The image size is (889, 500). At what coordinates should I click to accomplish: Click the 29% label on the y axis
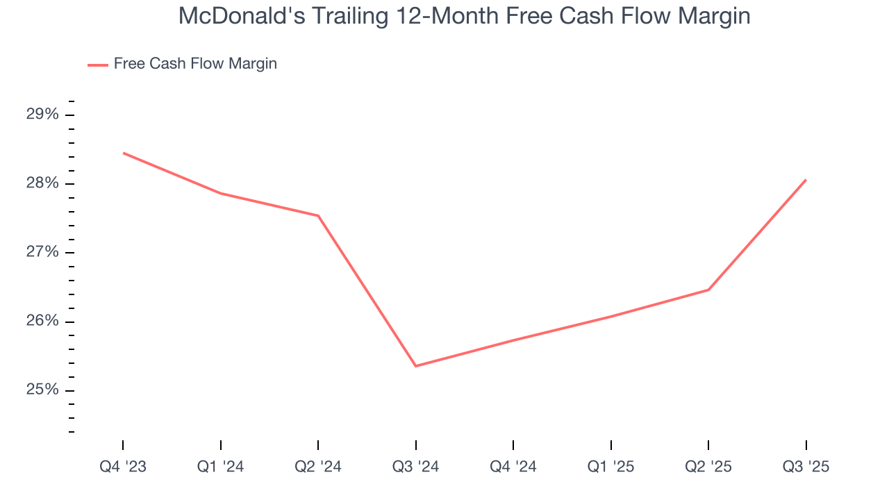pyautogui.click(x=43, y=115)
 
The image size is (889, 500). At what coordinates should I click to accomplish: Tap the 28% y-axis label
pyautogui.click(x=43, y=183)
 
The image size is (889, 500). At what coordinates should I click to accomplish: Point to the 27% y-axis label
pyautogui.click(x=43, y=252)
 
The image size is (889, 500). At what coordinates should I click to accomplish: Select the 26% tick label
pyautogui.click(x=43, y=322)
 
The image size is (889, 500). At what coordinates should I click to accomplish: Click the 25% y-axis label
pyautogui.click(x=43, y=390)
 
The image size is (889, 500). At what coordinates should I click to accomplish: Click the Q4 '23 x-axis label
pyautogui.click(x=123, y=467)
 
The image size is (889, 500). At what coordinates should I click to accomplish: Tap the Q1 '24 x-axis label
pyautogui.click(x=220, y=467)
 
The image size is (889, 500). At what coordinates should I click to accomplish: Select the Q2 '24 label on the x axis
pyautogui.click(x=318, y=467)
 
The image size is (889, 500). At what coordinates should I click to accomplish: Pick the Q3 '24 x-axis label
pyautogui.click(x=415, y=467)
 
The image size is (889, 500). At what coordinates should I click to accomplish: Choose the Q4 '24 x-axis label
pyautogui.click(x=513, y=467)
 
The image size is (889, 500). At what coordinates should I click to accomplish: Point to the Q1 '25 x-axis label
pyautogui.click(x=610, y=467)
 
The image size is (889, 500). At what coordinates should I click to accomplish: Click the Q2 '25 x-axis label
pyautogui.click(x=708, y=467)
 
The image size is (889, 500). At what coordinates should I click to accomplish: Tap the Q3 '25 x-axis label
pyautogui.click(x=806, y=467)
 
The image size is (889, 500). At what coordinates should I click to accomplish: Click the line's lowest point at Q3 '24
pyautogui.click(x=415, y=366)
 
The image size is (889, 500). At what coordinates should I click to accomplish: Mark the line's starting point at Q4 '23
pyautogui.click(x=123, y=153)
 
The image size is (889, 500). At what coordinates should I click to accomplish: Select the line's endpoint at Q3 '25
pyautogui.click(x=806, y=180)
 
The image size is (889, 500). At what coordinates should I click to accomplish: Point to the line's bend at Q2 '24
pyautogui.click(x=318, y=216)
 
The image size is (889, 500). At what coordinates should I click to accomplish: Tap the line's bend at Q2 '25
pyautogui.click(x=708, y=290)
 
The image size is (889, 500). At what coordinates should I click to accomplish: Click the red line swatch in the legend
pyautogui.click(x=98, y=65)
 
